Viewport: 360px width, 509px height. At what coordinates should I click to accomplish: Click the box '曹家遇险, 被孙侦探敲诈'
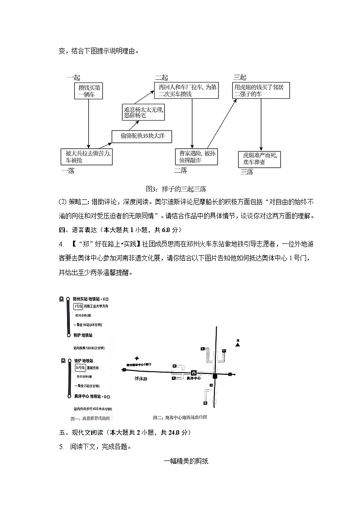point(197,157)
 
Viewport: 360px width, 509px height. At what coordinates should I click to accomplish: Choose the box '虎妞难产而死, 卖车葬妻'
point(259,159)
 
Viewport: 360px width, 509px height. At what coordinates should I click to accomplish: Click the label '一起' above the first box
point(73,78)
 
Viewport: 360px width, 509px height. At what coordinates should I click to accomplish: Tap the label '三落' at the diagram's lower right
point(247,172)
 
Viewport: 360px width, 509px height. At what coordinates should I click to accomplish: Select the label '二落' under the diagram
point(180,171)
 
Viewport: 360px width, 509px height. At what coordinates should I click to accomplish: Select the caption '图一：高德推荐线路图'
point(90,418)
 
